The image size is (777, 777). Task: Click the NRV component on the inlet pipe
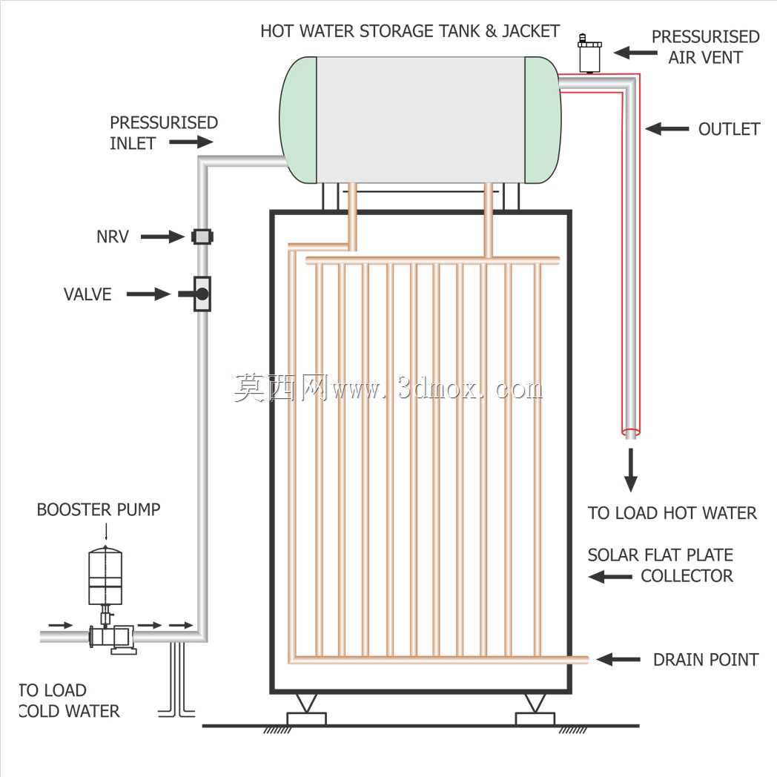(202, 237)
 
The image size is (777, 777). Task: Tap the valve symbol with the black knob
(201, 294)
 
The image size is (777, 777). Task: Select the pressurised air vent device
(589, 53)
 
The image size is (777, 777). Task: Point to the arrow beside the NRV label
(162, 237)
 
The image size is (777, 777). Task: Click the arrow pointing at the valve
(148, 294)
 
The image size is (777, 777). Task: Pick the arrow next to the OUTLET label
(667, 129)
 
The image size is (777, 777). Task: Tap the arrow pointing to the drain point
(618, 659)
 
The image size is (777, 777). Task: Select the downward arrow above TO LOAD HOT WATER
(630, 470)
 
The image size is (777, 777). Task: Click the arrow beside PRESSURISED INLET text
(191, 142)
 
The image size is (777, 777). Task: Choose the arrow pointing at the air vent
(636, 53)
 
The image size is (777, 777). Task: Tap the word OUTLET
(729, 129)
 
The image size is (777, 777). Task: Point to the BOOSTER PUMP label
(99, 509)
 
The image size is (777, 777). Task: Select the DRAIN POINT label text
(706, 660)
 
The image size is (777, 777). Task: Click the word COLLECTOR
(687, 576)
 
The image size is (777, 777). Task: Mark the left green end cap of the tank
(298, 120)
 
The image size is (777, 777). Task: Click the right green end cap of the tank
(543, 120)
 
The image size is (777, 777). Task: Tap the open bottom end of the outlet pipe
(630, 433)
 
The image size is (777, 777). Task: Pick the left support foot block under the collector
(306, 718)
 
